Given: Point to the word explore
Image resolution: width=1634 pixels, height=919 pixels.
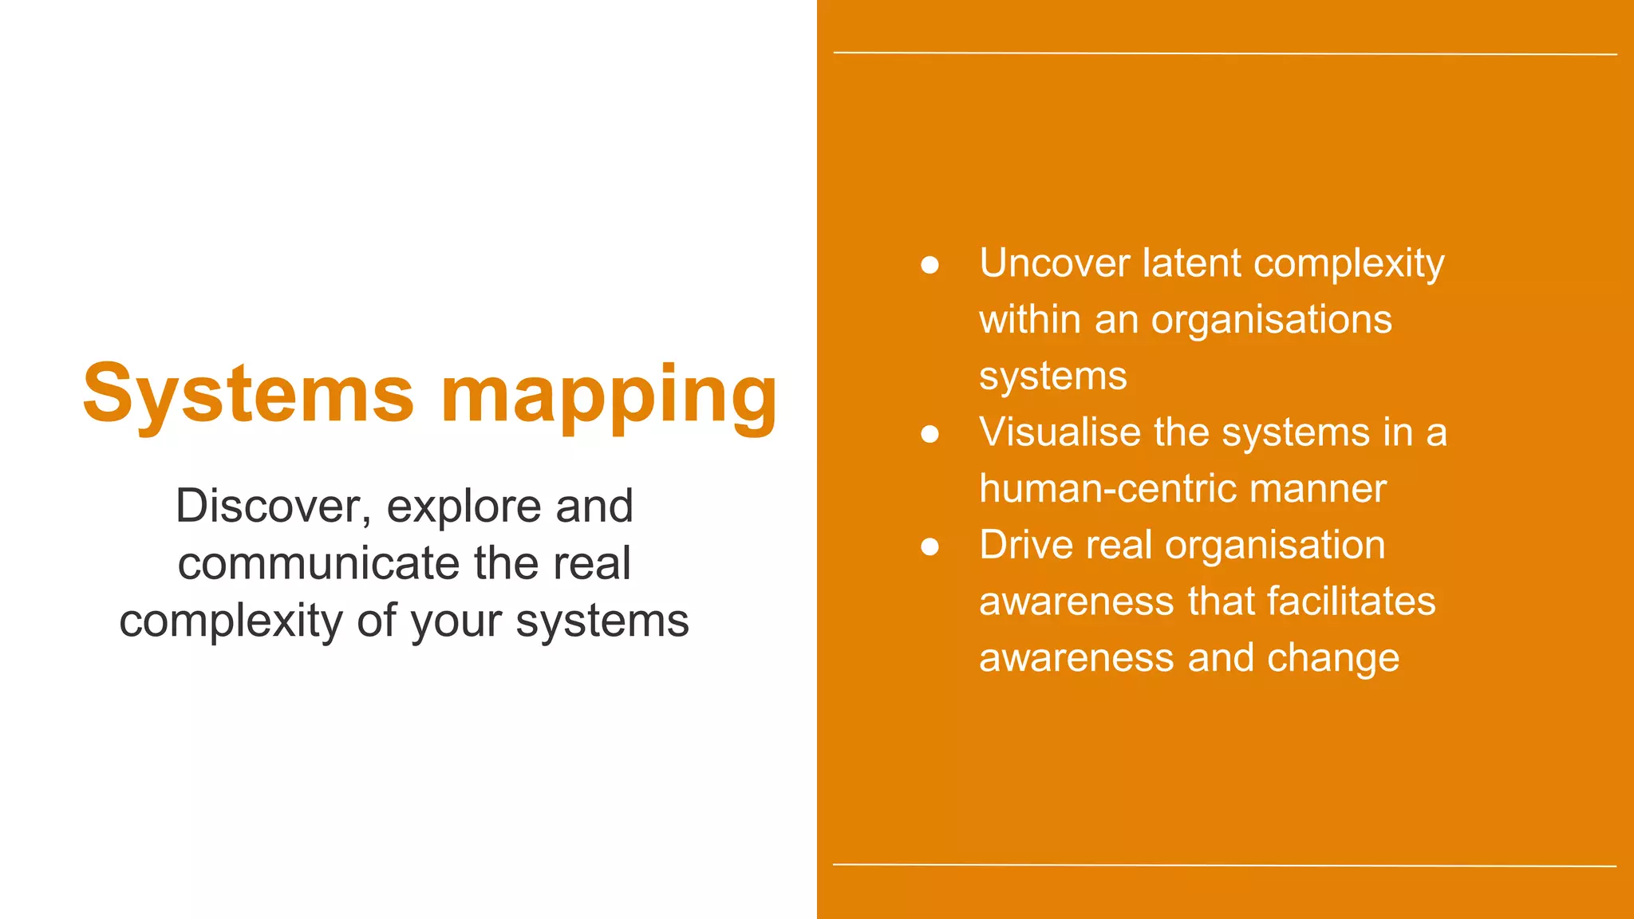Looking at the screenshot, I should pyautogui.click(x=464, y=507).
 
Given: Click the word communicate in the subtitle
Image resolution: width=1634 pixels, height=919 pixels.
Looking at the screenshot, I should pyautogui.click(x=318, y=563).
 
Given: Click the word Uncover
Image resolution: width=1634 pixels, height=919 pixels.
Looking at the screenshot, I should pyautogui.click(x=1055, y=263).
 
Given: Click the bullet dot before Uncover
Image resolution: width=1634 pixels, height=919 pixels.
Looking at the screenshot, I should pyautogui.click(x=929, y=265).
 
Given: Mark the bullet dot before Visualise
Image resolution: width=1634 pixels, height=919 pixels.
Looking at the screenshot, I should pyautogui.click(x=929, y=434).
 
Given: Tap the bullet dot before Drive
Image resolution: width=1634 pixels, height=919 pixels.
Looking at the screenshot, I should pyautogui.click(x=929, y=546).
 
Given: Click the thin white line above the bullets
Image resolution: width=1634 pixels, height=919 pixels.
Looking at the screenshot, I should pyautogui.click(x=1225, y=53).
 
